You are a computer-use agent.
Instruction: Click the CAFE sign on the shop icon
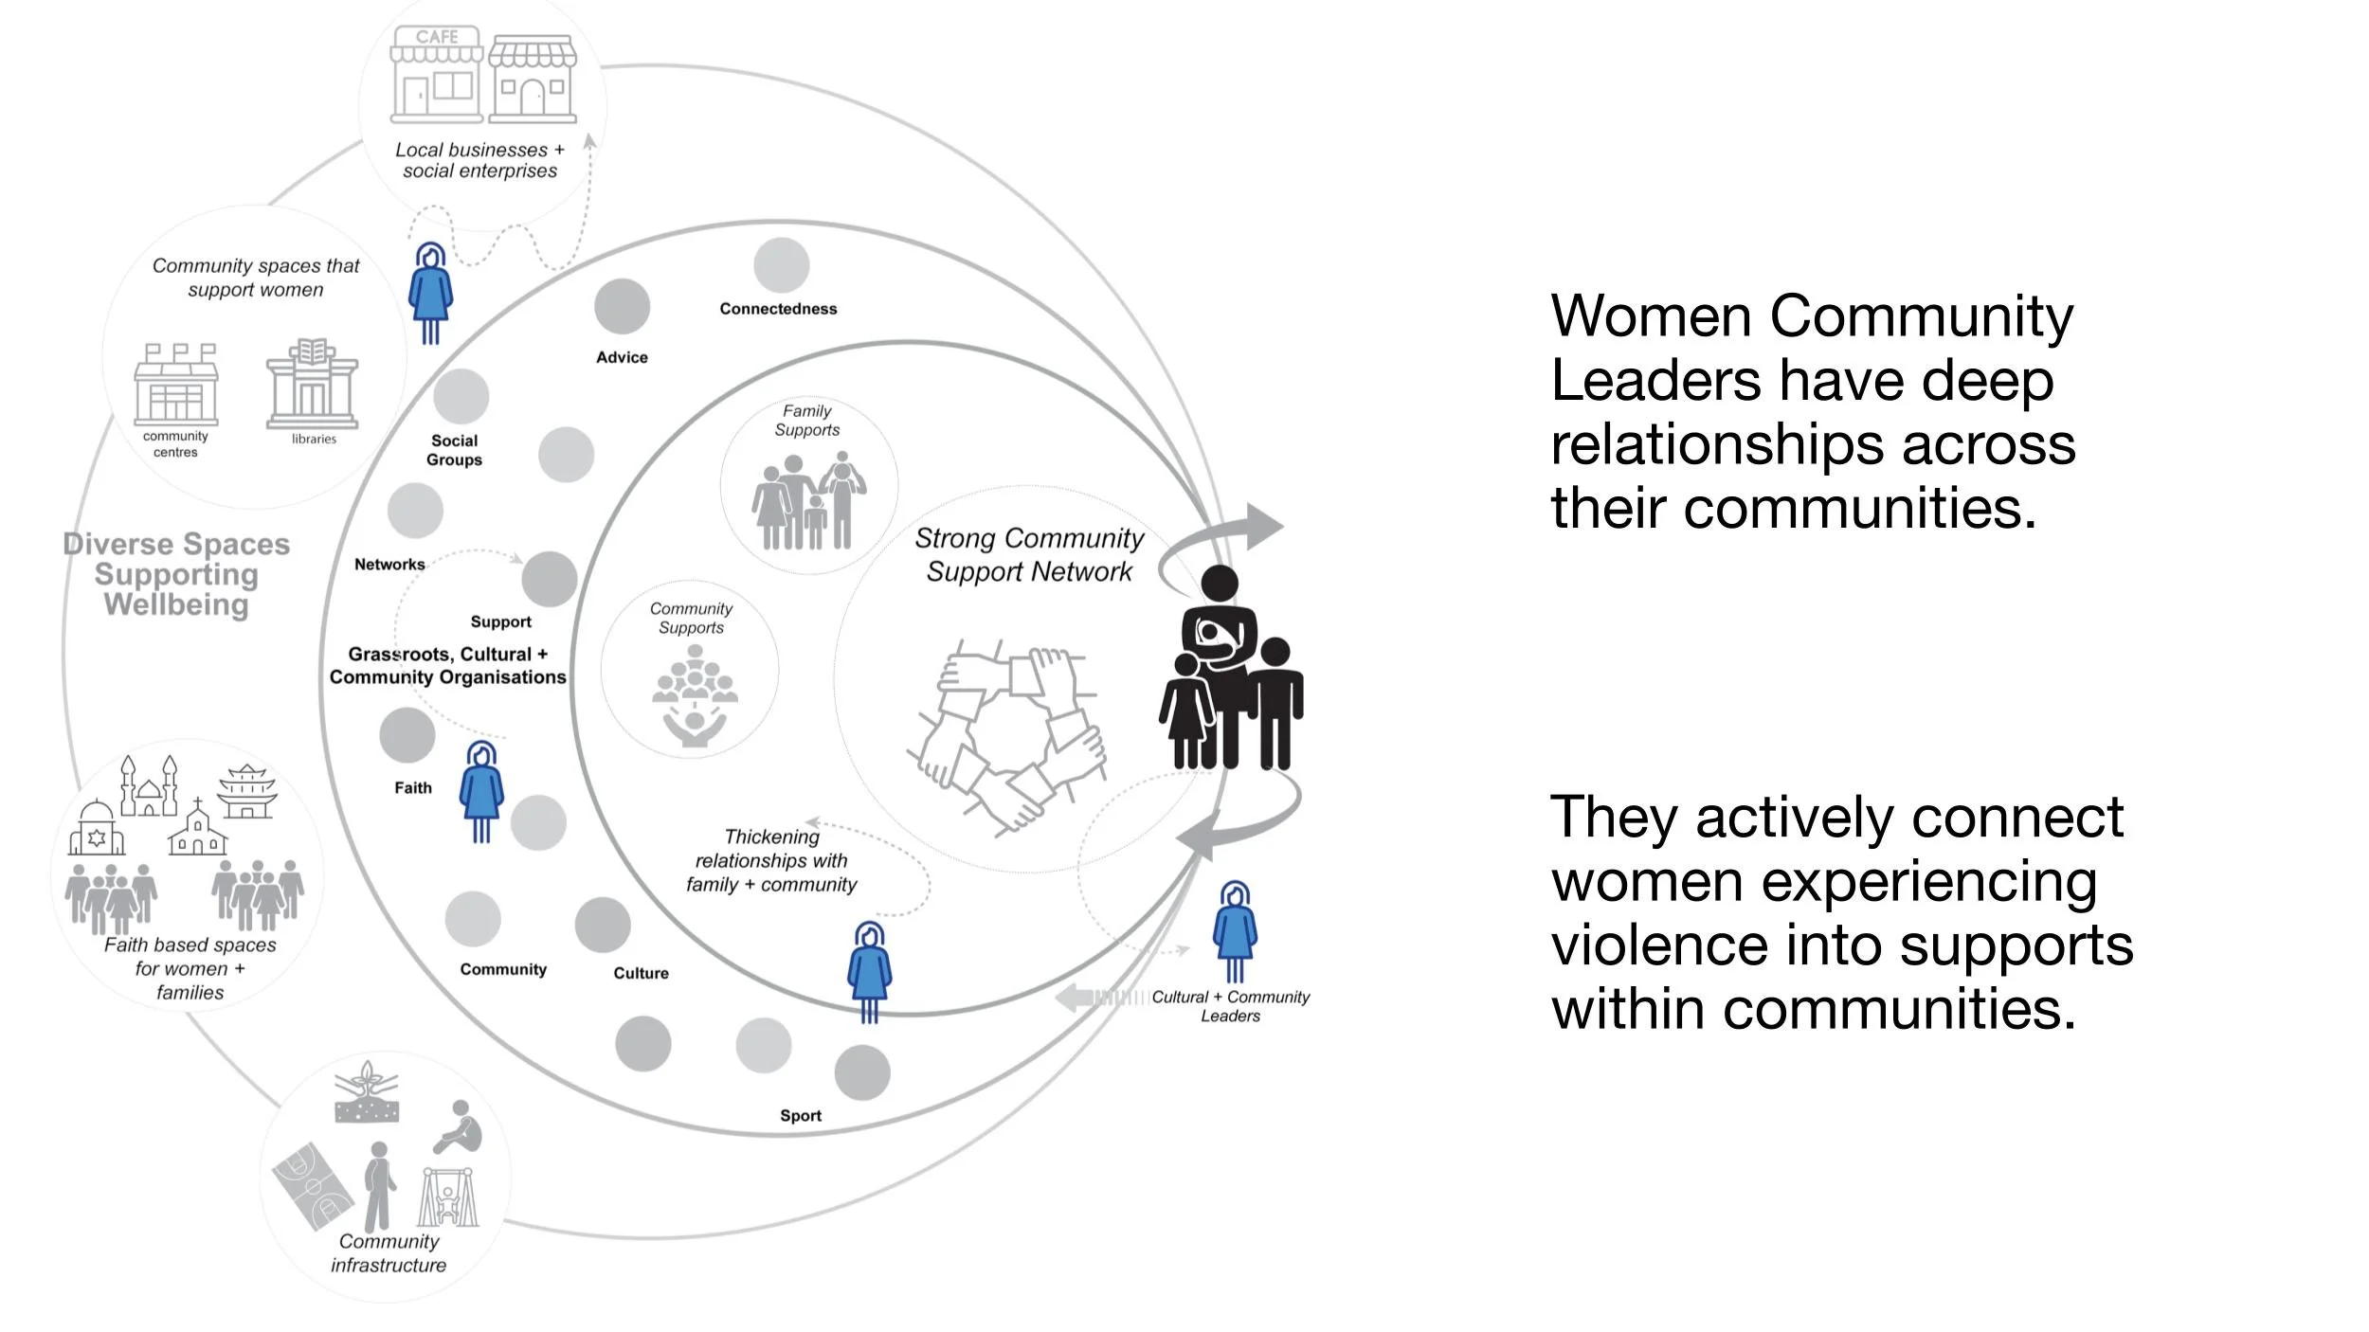click(x=437, y=37)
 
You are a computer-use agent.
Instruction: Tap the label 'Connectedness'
click(x=778, y=309)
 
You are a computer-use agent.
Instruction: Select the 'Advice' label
click(x=622, y=357)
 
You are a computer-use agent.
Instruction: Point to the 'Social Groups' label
click(x=454, y=450)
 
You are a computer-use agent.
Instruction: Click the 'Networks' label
click(x=389, y=565)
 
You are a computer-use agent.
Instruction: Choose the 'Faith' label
click(x=413, y=788)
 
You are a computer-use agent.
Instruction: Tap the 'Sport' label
click(x=801, y=1116)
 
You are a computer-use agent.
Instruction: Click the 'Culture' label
click(x=641, y=974)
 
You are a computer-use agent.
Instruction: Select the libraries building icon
click(x=312, y=384)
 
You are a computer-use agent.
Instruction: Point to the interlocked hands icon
click(x=1007, y=734)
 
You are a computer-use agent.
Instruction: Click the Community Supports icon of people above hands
click(x=695, y=696)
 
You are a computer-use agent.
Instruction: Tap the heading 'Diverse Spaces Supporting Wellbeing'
click(x=176, y=574)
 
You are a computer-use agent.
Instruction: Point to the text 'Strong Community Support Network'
click(x=1029, y=555)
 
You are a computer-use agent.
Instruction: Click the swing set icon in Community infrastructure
click(x=448, y=1198)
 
